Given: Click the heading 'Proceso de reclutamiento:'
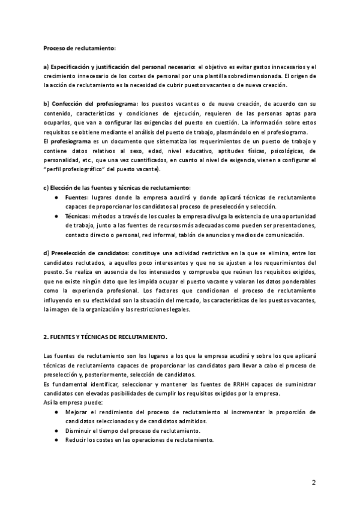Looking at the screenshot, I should point(80,47).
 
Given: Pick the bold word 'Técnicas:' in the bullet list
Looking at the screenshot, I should point(78,216).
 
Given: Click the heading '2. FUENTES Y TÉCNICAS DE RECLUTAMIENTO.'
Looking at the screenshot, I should point(106,337).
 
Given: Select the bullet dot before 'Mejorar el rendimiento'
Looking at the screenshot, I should point(56,412).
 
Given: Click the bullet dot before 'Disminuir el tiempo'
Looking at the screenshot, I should point(56,430).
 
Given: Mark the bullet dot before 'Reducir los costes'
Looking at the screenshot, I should point(56,439).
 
